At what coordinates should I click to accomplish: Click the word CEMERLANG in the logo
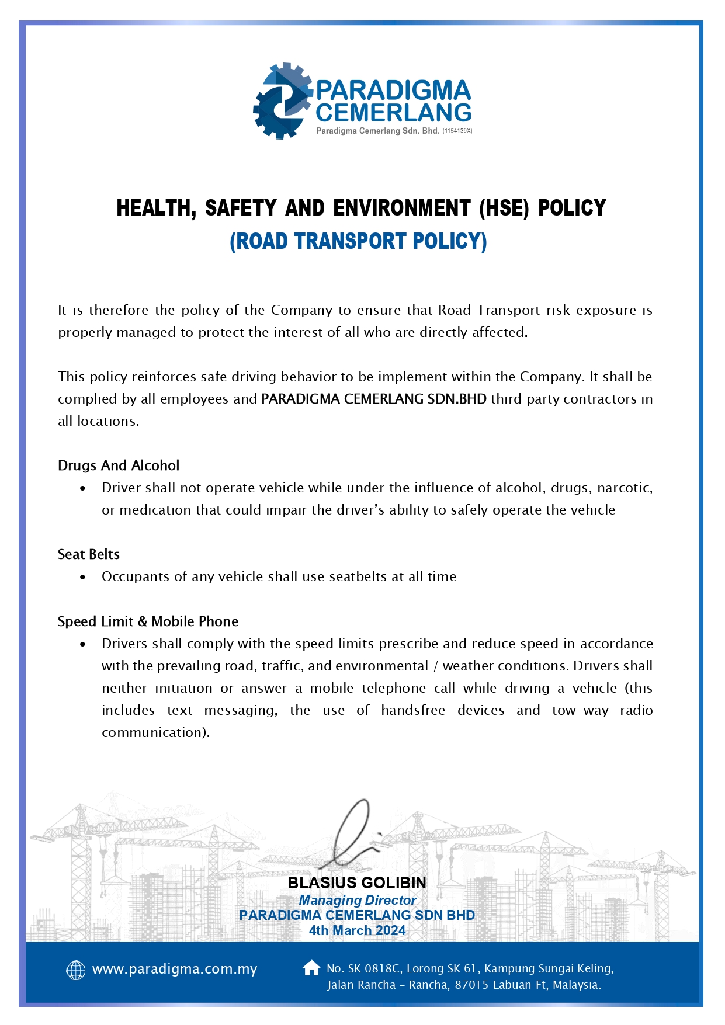tap(393, 113)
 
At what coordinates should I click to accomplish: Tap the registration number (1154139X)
tap(457, 131)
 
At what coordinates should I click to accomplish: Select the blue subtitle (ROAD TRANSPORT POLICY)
tap(358, 241)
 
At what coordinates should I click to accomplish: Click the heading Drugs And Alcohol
tap(118, 465)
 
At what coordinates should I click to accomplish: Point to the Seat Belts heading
tap(88, 554)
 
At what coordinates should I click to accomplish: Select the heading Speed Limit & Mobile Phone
tap(148, 621)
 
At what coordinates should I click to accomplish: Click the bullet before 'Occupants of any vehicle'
tap(83, 577)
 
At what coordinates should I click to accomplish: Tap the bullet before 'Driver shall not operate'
tap(83, 488)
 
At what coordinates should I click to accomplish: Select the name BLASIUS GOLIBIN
tap(357, 882)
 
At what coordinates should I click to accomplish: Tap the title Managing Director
tap(357, 900)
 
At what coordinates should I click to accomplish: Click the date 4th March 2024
tap(357, 930)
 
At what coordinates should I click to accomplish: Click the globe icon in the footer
tap(76, 970)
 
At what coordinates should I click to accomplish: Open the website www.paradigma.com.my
tap(175, 970)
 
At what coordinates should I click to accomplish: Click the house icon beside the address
tap(311, 968)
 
